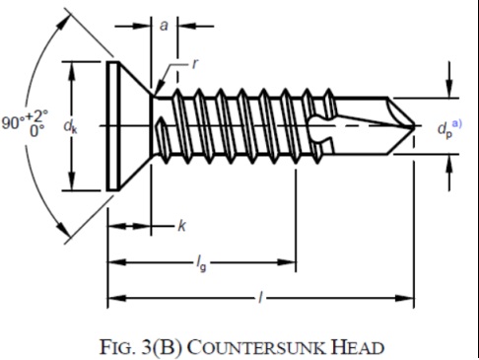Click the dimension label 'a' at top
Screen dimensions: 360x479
click(x=163, y=26)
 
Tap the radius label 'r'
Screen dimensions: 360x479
click(x=195, y=64)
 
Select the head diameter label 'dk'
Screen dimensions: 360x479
click(x=71, y=126)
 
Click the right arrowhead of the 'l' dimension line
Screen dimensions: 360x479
click(x=407, y=297)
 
